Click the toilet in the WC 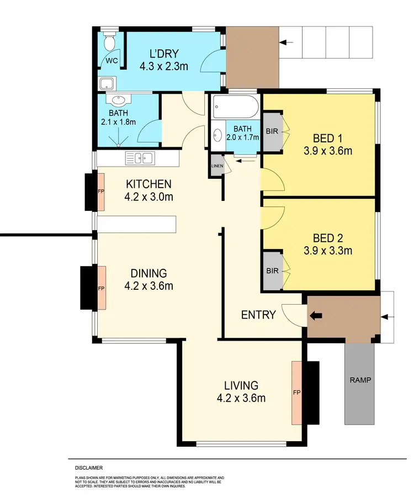[x=108, y=42]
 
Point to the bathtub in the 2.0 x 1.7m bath [x=234, y=105]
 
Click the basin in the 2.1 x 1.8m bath [x=118, y=101]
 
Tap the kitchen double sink [x=140, y=159]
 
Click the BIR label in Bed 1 [x=271, y=131]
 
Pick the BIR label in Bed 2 [x=271, y=271]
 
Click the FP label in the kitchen [x=101, y=191]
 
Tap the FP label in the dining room [x=101, y=288]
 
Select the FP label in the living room [x=296, y=392]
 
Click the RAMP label [x=359, y=380]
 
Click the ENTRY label [x=258, y=315]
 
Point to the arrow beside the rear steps [x=286, y=42]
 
